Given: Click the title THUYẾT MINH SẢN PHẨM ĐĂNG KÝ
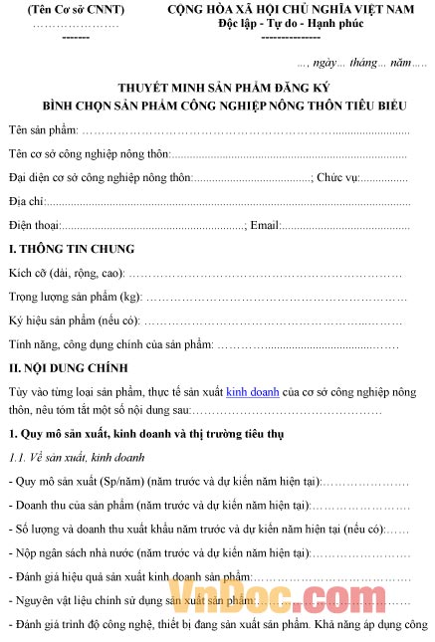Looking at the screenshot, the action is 216,88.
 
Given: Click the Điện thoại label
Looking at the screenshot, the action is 33,226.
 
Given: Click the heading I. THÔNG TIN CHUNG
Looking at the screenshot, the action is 71,249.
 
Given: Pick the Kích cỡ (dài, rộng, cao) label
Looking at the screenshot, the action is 65,274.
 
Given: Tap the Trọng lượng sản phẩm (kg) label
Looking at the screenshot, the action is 75,298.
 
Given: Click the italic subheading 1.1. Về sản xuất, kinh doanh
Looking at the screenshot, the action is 77,457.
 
